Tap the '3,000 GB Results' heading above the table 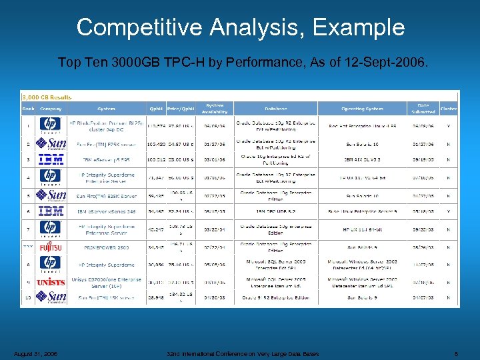point(47,96)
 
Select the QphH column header point(155,109)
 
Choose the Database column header point(275,109)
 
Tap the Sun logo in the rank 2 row point(51,143)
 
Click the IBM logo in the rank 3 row point(51,160)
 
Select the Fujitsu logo point(51,247)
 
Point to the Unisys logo point(51,281)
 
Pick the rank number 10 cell point(28,297)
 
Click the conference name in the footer point(243,353)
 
